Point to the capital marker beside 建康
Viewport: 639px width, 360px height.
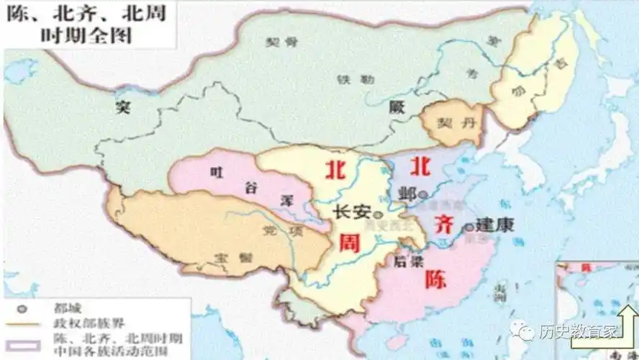pyautogui.click(x=469, y=227)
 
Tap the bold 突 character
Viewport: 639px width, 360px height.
pyautogui.click(x=123, y=108)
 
